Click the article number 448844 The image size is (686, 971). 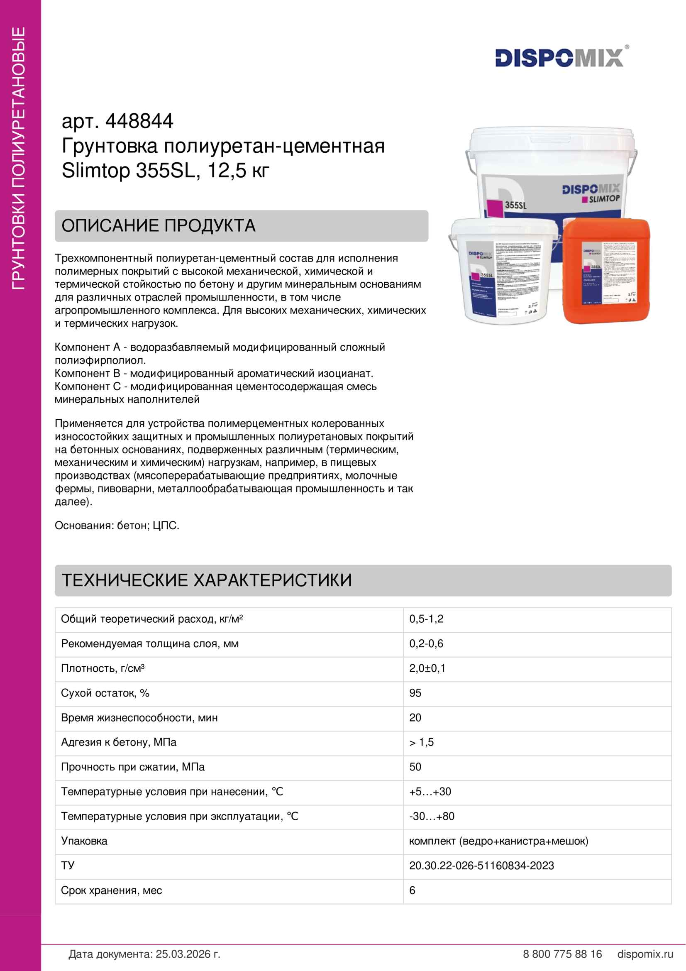(x=139, y=121)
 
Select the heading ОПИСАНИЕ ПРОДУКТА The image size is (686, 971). (x=159, y=226)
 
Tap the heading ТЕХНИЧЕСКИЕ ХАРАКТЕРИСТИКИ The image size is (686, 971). (x=207, y=580)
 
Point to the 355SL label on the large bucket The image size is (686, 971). (x=516, y=205)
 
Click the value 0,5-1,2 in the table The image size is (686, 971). (x=426, y=619)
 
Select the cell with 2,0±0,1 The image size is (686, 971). (x=427, y=668)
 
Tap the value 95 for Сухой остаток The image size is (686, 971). (x=415, y=693)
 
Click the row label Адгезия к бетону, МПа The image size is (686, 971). (x=119, y=742)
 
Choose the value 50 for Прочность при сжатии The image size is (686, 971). (x=415, y=767)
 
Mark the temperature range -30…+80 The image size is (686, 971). (x=432, y=816)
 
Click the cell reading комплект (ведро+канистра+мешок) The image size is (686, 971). (x=498, y=841)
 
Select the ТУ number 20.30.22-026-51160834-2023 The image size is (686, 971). (x=481, y=866)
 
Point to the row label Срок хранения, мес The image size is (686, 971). (x=112, y=890)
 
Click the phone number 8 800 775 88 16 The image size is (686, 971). (x=562, y=954)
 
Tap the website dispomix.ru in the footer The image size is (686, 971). (x=645, y=954)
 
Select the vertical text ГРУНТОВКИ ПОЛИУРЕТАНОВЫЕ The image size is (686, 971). (x=19, y=159)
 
